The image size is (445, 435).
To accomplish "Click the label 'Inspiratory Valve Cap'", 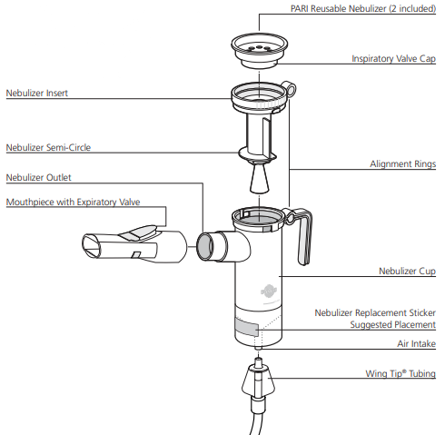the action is click(x=393, y=59).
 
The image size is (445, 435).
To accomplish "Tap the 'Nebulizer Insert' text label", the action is click(x=37, y=93).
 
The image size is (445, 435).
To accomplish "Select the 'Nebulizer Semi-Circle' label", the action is click(x=48, y=147).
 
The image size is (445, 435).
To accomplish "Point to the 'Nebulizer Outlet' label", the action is click(x=39, y=177).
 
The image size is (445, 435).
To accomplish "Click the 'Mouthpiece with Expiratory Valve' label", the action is click(x=73, y=202).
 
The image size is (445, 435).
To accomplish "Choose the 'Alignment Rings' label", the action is click(x=403, y=164).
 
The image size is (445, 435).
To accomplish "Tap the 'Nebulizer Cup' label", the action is click(x=407, y=271).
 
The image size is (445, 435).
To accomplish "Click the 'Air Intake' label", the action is click(x=417, y=344).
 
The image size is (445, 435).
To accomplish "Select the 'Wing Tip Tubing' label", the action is click(x=400, y=373).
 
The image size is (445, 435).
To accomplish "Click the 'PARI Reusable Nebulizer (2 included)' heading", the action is click(x=363, y=9).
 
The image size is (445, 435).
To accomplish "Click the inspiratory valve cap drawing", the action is click(x=260, y=51).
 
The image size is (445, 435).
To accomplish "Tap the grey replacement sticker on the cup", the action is click(x=247, y=327).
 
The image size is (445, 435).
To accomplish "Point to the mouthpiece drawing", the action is click(x=134, y=243).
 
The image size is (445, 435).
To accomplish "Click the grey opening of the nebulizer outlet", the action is click(x=205, y=247).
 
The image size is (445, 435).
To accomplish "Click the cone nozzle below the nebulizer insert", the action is click(x=260, y=178).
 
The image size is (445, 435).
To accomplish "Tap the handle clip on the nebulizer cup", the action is click(x=302, y=234).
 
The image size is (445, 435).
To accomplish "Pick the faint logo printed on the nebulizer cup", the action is click(x=269, y=292).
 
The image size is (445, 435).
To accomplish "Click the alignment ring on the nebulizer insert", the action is click(x=290, y=89).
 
